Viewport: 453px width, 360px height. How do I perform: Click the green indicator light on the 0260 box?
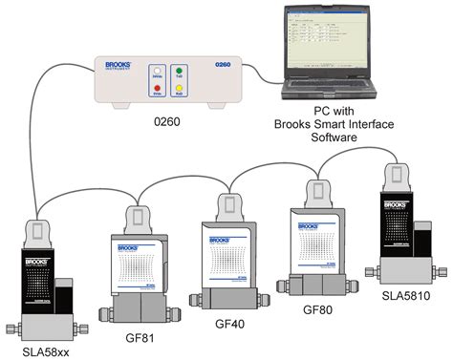click(x=179, y=72)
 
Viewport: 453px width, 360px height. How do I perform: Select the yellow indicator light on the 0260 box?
click(x=179, y=91)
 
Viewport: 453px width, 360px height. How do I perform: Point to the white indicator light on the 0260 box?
click(x=157, y=72)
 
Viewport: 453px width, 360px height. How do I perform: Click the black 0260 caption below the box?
click(x=168, y=121)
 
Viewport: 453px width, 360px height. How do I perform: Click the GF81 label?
click(x=140, y=338)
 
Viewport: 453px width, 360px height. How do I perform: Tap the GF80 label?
click(x=318, y=309)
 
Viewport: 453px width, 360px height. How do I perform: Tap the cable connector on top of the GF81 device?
click(x=140, y=218)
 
